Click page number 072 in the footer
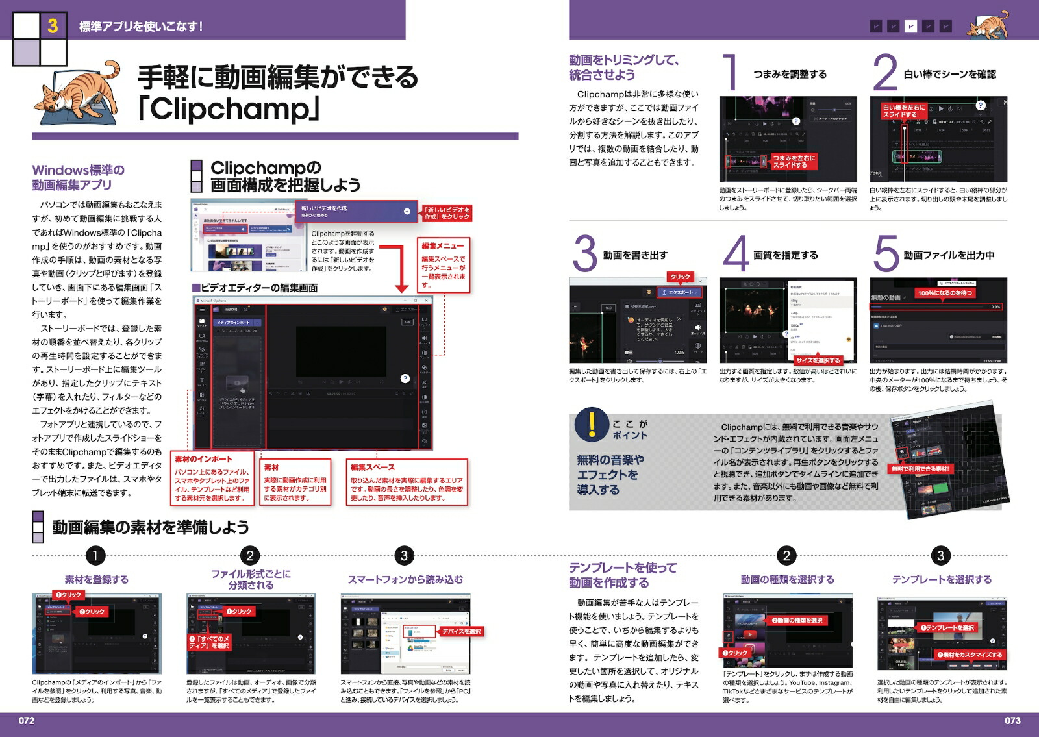[26, 720]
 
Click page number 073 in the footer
[1012, 720]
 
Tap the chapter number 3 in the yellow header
[53, 26]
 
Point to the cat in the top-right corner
[989, 27]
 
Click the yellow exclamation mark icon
[591, 424]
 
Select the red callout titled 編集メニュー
[443, 246]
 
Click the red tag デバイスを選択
[461, 631]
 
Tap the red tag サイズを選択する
[818, 360]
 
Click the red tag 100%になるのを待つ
[945, 293]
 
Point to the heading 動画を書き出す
[635, 255]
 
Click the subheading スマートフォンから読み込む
[405, 580]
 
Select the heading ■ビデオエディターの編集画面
[255, 288]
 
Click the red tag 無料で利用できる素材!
[920, 468]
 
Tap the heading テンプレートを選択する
[942, 580]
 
